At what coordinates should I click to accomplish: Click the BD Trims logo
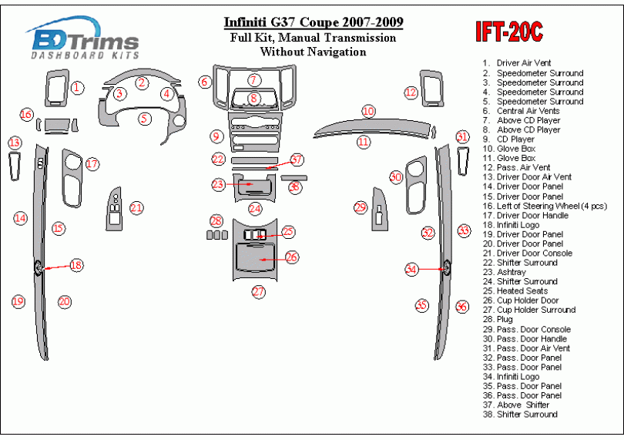(x=83, y=41)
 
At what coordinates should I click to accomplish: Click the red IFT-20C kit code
(x=508, y=32)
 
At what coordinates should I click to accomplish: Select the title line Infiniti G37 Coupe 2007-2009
(x=313, y=22)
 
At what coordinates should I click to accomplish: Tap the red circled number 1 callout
(x=77, y=88)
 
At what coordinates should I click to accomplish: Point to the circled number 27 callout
(x=259, y=291)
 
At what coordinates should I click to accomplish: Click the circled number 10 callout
(x=369, y=112)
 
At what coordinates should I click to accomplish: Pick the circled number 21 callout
(x=136, y=207)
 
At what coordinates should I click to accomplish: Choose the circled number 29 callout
(x=360, y=207)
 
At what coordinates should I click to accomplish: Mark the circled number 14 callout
(x=20, y=219)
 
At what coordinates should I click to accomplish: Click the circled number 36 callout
(x=461, y=306)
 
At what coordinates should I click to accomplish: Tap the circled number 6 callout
(x=204, y=82)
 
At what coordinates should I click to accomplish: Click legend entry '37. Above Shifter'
(x=522, y=405)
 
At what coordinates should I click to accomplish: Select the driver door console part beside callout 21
(x=115, y=208)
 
